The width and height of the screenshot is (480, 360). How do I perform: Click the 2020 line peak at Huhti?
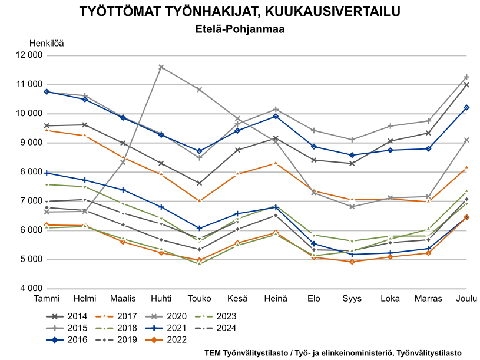tap(161, 67)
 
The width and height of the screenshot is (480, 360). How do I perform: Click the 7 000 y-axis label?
tap(29, 201)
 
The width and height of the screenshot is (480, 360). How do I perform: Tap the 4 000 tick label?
tap(29, 289)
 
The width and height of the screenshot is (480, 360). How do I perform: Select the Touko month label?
tap(199, 299)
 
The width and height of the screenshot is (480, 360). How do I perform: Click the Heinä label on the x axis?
tap(276, 299)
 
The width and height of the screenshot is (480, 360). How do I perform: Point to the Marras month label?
tap(428, 299)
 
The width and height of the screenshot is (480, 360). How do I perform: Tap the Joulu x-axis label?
tap(466, 299)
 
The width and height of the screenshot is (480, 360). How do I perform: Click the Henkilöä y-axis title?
tap(47, 43)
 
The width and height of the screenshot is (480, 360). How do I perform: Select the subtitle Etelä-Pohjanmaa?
tap(240, 28)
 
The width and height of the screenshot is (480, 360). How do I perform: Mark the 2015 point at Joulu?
tap(466, 77)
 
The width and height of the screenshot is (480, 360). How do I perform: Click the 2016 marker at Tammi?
tap(47, 92)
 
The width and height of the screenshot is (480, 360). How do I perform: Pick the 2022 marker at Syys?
tap(352, 262)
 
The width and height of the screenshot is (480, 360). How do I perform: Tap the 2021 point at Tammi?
tap(47, 173)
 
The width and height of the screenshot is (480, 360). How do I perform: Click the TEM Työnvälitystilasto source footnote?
tap(333, 353)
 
